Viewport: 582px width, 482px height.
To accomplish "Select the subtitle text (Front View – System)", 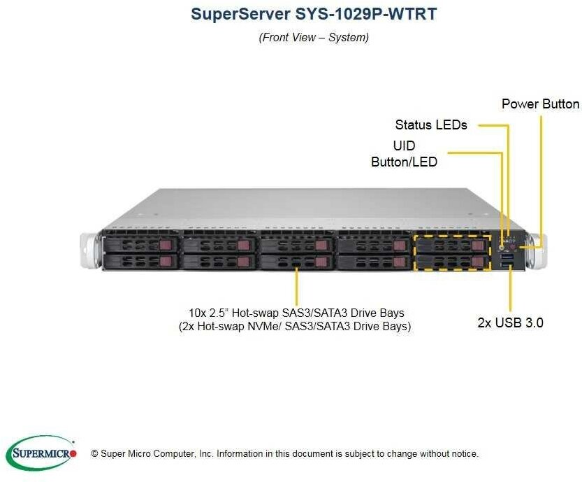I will click(314, 37).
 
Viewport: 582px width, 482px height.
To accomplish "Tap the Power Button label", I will click(540, 104).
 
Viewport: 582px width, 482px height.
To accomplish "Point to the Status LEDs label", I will click(430, 125).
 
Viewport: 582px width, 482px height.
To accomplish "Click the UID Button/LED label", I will click(404, 153).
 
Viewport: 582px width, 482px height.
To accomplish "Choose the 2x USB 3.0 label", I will click(511, 322).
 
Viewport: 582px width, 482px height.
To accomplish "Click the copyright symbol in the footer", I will click(94, 453).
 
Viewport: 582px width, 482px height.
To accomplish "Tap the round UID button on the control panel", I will click(502, 246).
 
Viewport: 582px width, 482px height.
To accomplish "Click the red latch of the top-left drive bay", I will click(165, 245).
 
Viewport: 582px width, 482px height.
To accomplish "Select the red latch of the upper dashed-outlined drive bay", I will click(477, 245).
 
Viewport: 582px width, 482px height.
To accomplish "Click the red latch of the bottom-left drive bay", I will click(165, 262).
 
